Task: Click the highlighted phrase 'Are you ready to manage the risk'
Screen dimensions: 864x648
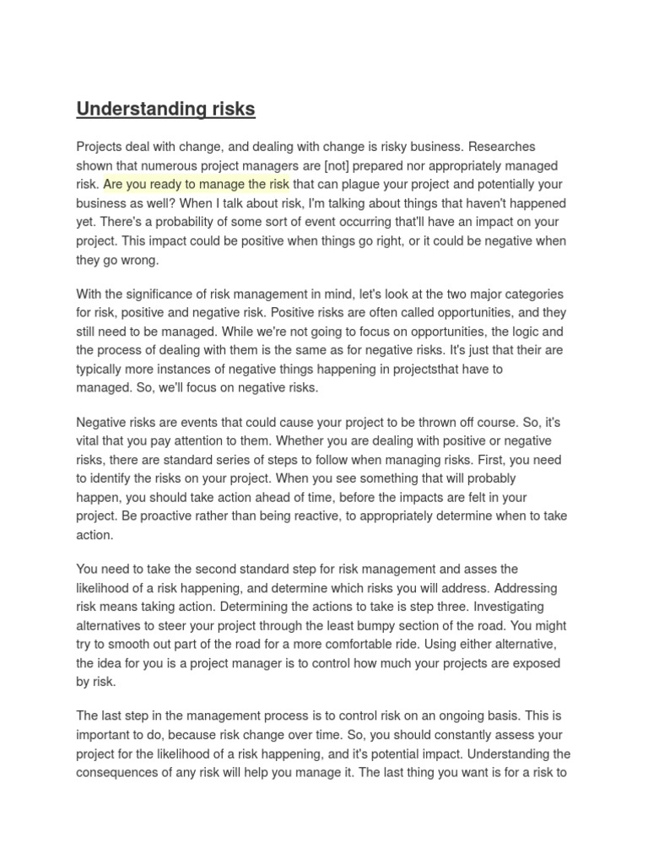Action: (x=197, y=184)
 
